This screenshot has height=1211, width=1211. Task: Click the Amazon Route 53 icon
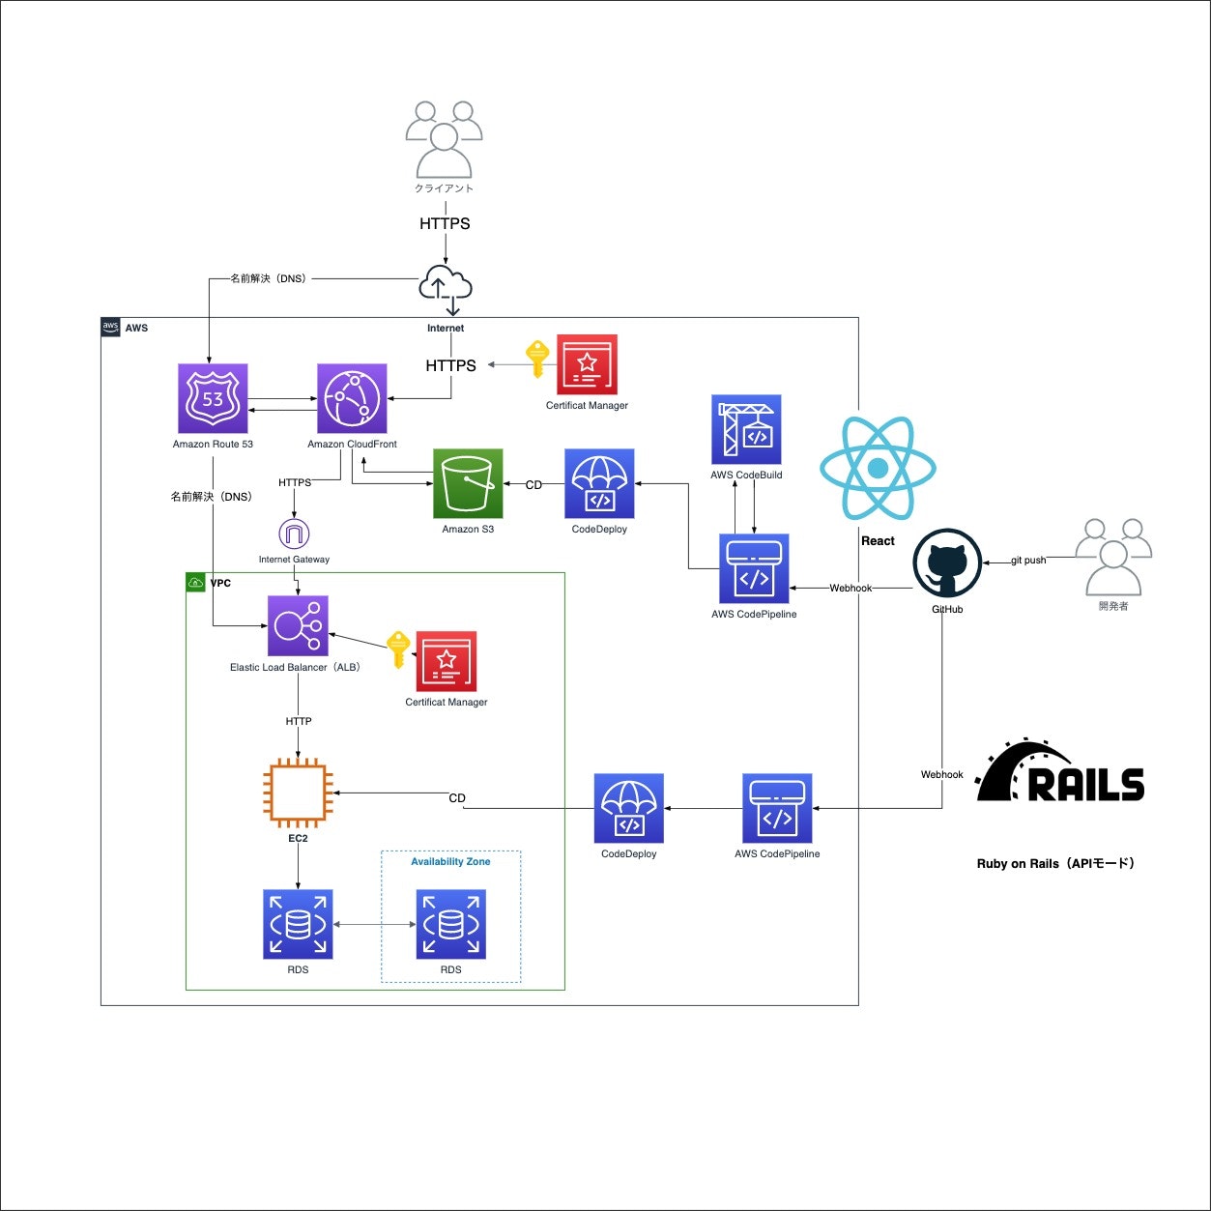[x=213, y=398]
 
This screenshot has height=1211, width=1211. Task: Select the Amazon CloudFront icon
[x=352, y=398]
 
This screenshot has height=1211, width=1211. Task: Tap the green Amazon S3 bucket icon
[x=468, y=483]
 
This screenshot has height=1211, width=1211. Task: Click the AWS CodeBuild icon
[x=746, y=429]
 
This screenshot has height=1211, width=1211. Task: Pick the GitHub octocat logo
[x=947, y=563]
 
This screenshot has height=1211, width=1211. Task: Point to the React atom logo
[x=878, y=469]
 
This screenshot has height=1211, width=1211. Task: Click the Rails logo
[x=1060, y=773]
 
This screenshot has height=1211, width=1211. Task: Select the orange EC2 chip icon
[x=298, y=793]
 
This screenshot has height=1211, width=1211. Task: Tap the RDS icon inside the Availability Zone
[x=450, y=925]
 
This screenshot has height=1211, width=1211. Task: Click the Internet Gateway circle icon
[x=294, y=533]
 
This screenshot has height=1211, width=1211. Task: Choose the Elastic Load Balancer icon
[x=298, y=626]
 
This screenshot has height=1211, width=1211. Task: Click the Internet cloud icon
[x=446, y=287]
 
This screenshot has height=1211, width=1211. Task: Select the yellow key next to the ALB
[x=398, y=649]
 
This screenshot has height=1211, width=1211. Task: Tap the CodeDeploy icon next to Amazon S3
[x=599, y=483]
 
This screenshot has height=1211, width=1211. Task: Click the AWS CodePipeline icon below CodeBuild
[x=754, y=568]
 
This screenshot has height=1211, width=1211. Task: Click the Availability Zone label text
[x=450, y=861]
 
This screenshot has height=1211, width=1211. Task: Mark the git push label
[x=1028, y=561]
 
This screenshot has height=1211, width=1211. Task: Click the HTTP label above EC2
[x=299, y=721]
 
